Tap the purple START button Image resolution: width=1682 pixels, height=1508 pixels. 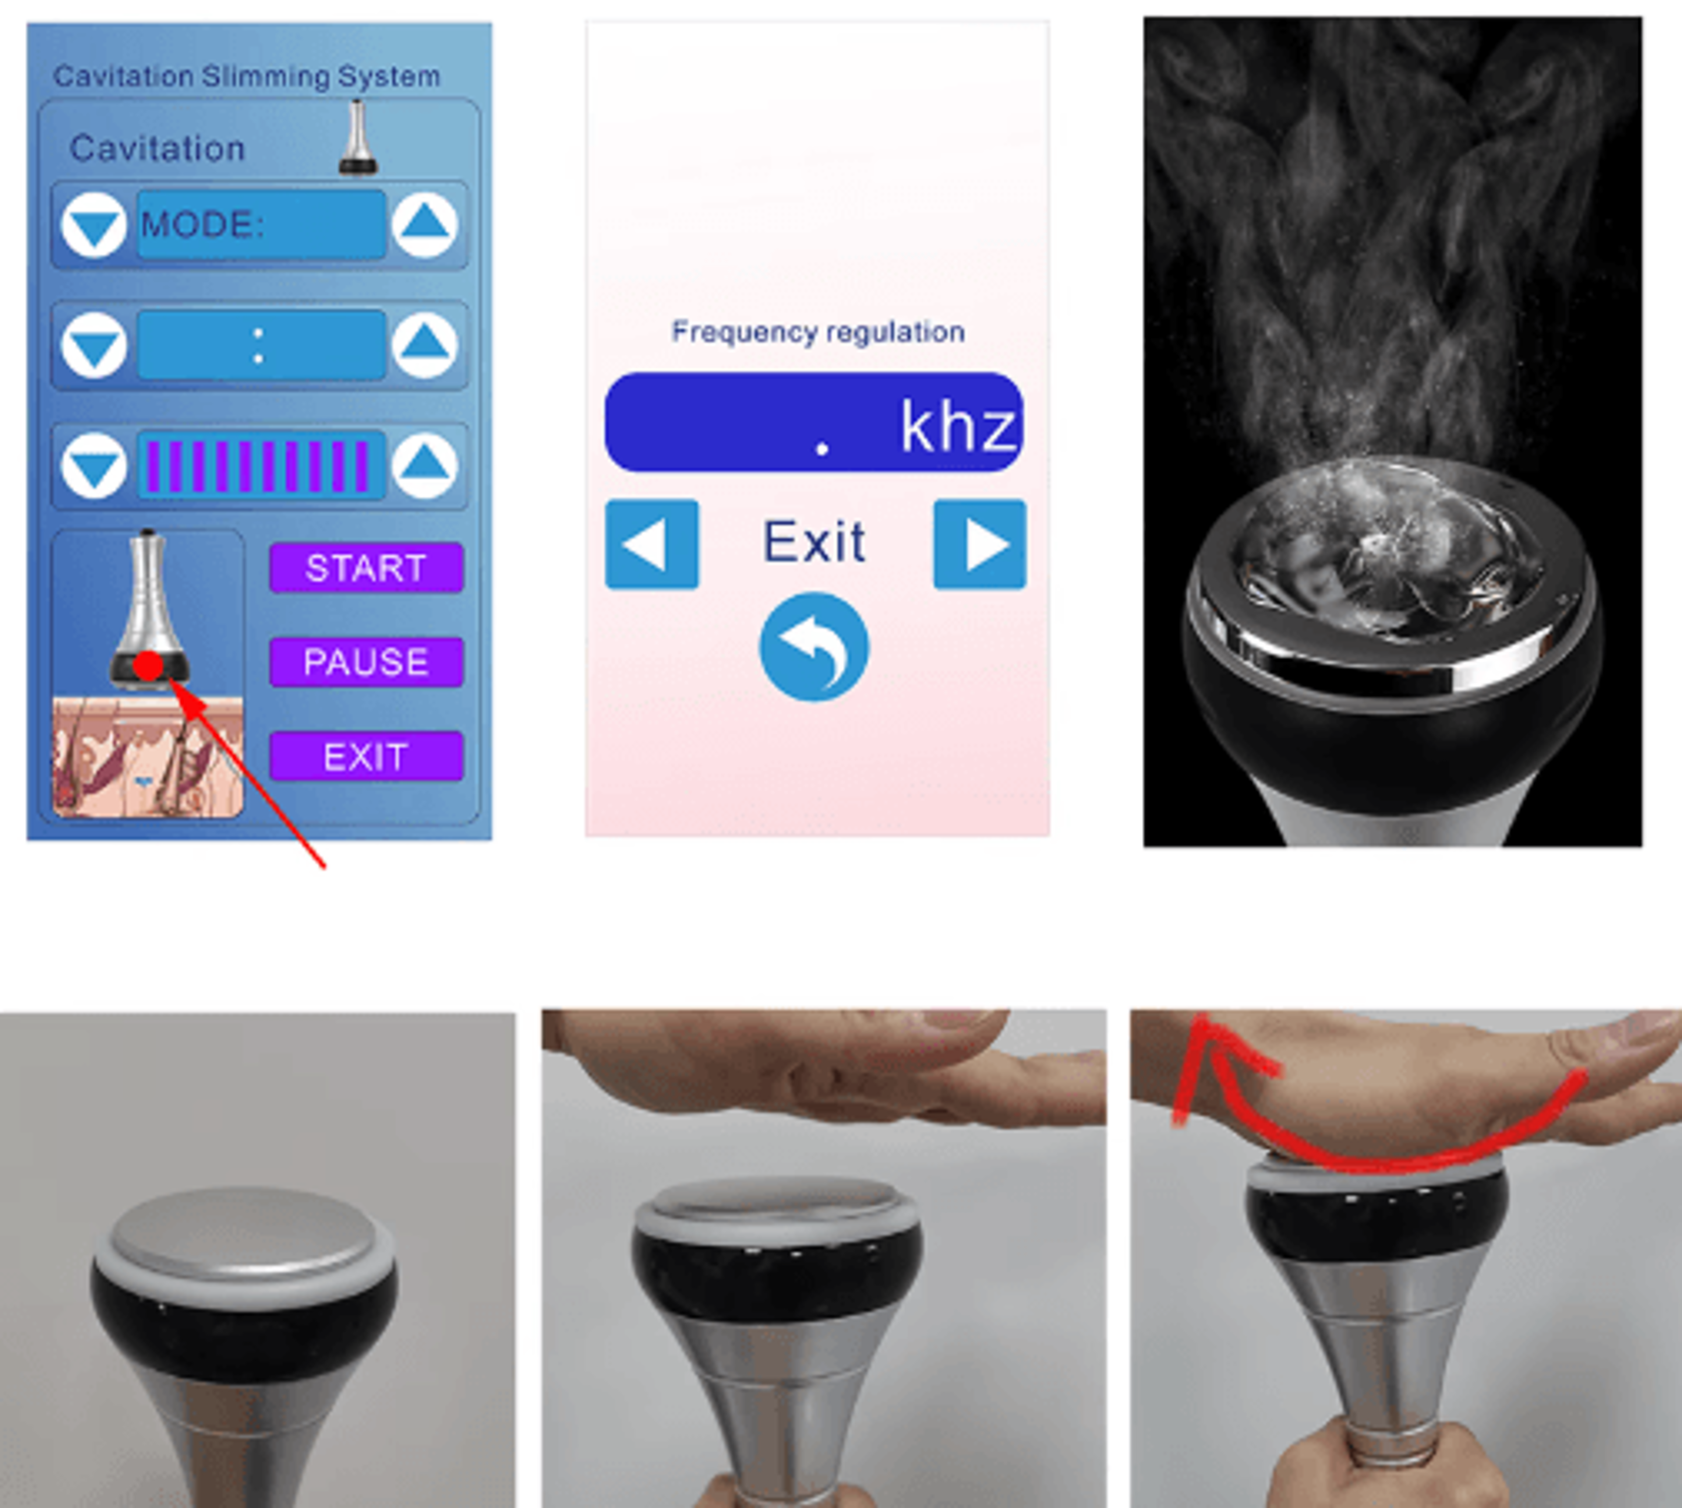click(x=366, y=568)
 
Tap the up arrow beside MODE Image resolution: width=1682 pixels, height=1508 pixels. click(x=424, y=225)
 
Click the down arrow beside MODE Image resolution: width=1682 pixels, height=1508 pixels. click(x=94, y=225)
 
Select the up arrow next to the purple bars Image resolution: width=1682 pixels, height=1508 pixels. click(x=424, y=465)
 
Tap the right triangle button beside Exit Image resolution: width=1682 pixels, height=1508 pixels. click(x=980, y=545)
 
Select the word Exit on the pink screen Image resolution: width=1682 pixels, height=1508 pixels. click(x=814, y=543)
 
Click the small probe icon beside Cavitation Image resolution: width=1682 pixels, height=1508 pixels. click(x=358, y=137)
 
